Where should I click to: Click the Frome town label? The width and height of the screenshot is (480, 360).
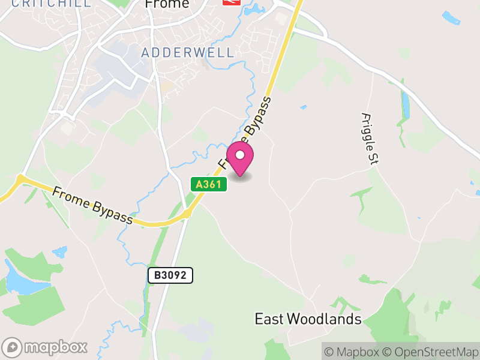click(167, 4)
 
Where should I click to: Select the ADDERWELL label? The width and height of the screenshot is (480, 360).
click(188, 52)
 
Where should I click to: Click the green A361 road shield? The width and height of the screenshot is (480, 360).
click(209, 185)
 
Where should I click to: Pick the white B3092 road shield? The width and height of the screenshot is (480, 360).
click(170, 275)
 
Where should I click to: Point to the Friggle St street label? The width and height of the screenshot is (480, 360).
click(368, 138)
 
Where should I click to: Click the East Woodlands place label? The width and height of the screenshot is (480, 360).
click(308, 319)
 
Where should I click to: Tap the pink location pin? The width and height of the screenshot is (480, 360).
click(240, 159)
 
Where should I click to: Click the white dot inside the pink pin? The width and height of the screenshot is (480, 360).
click(240, 155)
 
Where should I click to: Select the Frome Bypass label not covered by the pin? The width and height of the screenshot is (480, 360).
click(92, 206)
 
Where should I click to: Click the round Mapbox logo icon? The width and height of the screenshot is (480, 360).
click(13, 347)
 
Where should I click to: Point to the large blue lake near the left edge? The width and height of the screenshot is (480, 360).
click(21, 280)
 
